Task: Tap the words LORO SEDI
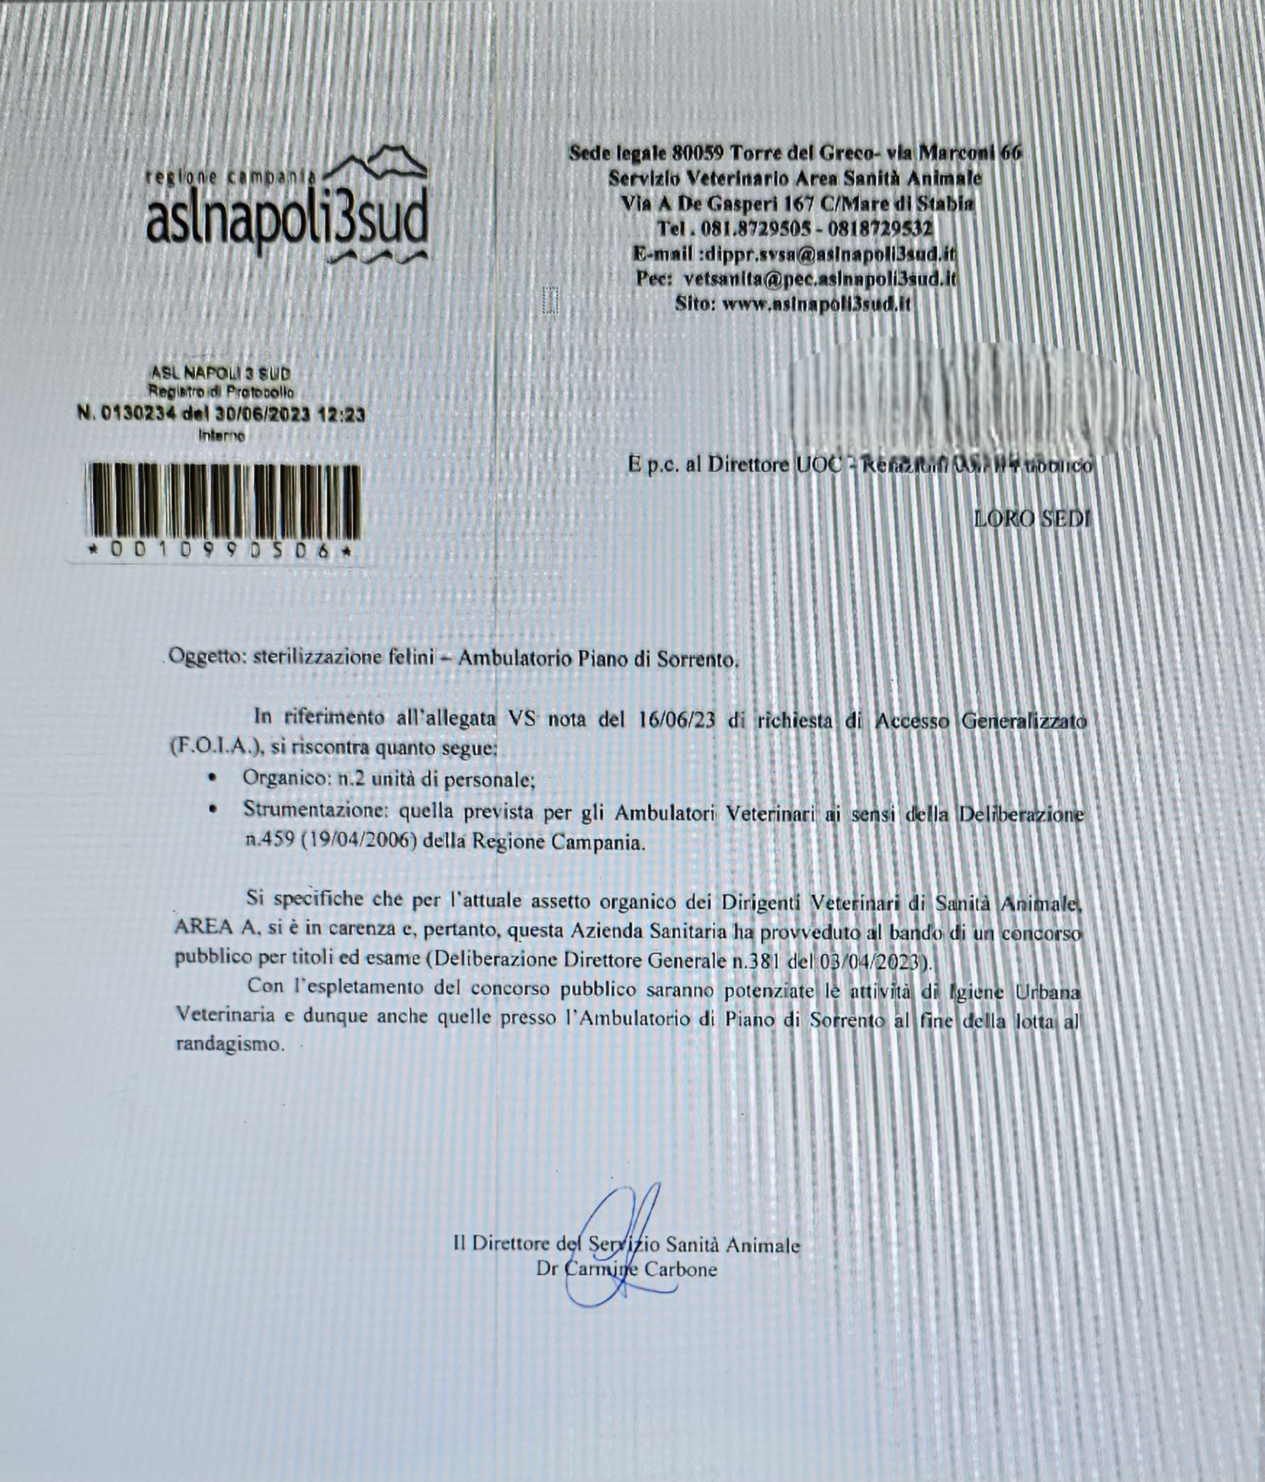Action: point(1032,519)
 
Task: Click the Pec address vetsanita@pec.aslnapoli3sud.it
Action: point(820,279)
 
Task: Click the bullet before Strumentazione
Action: point(212,810)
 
